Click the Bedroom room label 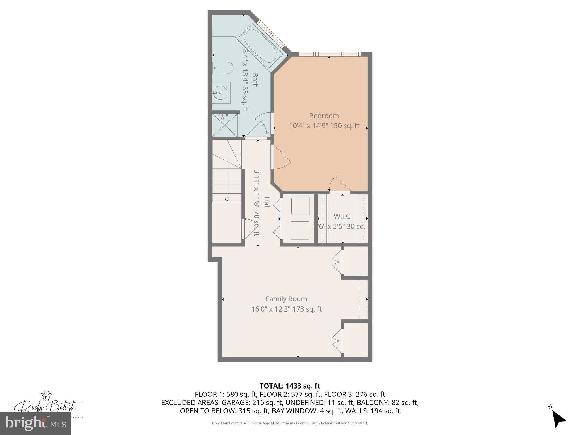click(324, 116)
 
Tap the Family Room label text click(286, 299)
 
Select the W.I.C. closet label click(342, 216)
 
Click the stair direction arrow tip click(227, 201)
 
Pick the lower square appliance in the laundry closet click(300, 231)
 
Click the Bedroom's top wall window click(329, 54)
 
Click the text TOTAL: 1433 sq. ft click(290, 386)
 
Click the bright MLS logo click(35, 423)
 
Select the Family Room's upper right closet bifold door click(338, 262)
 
